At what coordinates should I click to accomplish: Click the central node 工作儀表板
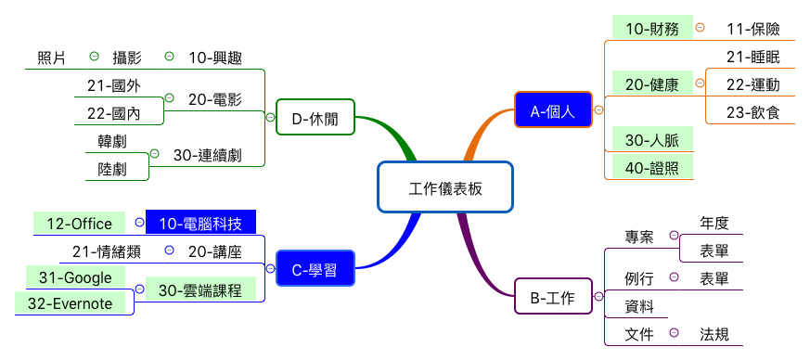[x=445, y=186]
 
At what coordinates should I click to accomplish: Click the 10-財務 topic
[x=652, y=29]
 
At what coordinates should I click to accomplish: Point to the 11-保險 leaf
[x=752, y=29]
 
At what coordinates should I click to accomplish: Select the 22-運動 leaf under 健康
[x=752, y=84]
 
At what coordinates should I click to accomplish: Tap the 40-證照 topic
[x=651, y=167]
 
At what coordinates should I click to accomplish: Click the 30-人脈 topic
[x=651, y=140]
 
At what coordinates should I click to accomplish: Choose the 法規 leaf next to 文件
[x=714, y=334]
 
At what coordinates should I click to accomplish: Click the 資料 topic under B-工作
[x=639, y=305]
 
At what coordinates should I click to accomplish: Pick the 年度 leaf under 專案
[x=714, y=223]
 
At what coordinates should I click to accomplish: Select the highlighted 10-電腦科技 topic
[x=200, y=223]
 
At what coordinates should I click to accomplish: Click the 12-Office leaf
[x=79, y=224]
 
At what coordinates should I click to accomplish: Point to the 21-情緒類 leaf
[x=107, y=251]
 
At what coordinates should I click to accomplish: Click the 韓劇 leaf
[x=111, y=141]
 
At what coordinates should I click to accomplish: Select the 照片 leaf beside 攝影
[x=51, y=58]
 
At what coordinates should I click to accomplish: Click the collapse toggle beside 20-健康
[x=699, y=84]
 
